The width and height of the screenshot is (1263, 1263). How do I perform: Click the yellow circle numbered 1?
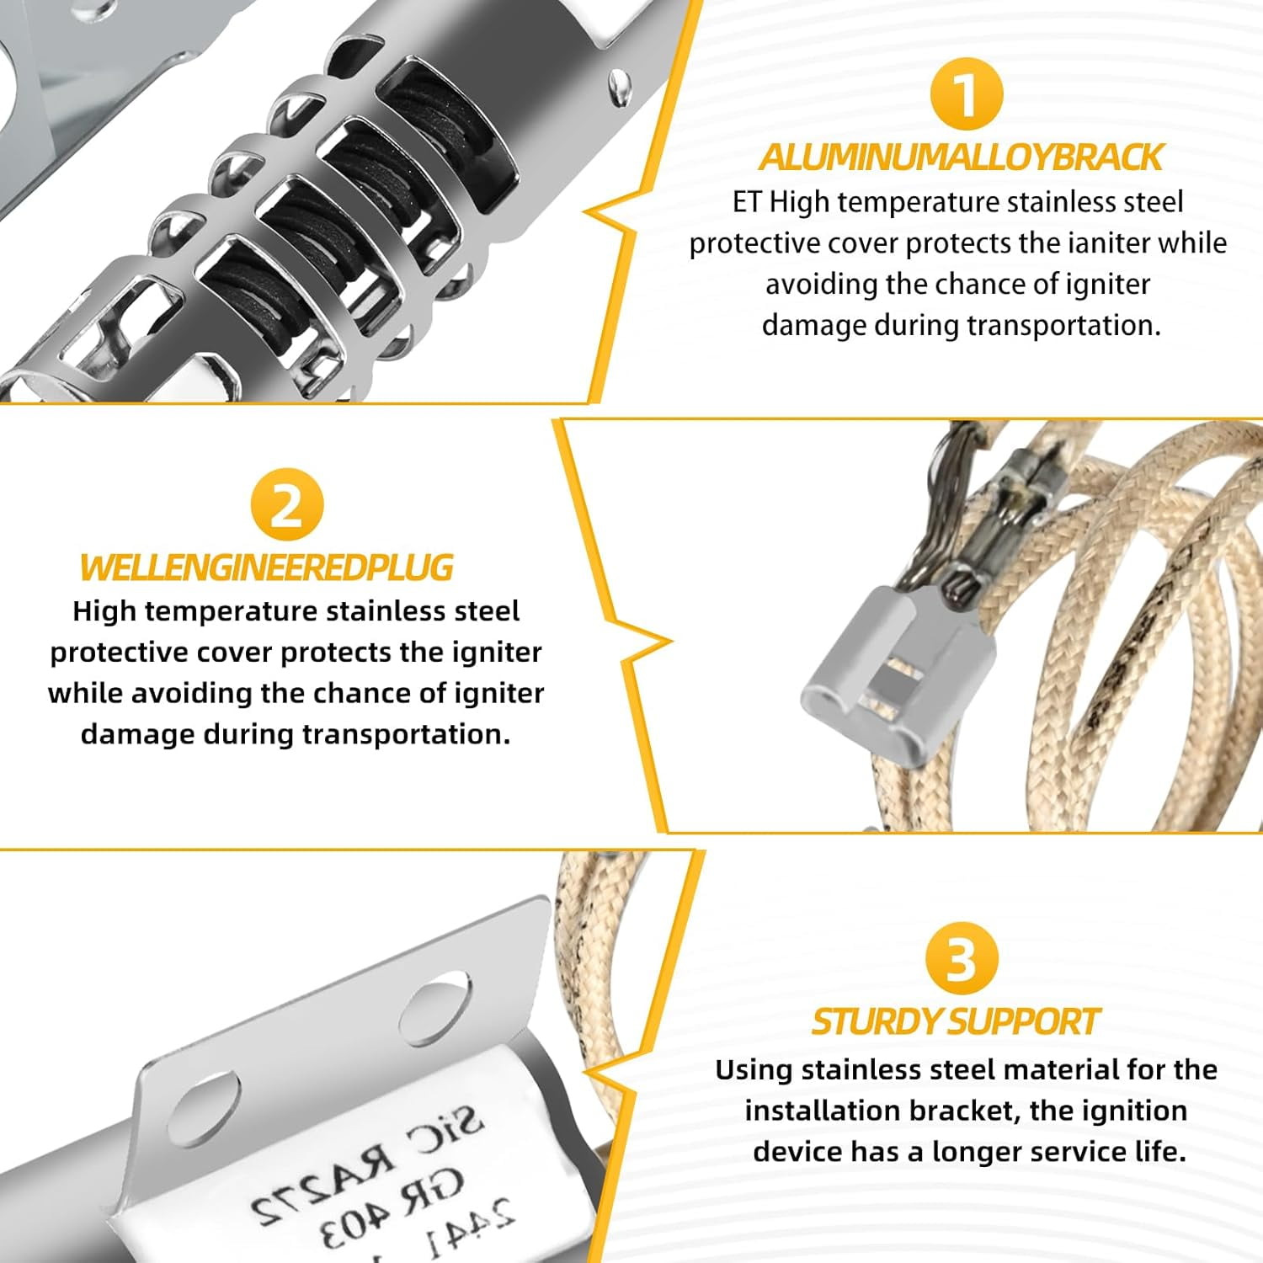tap(967, 93)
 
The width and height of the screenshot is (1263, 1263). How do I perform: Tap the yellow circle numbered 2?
tap(287, 505)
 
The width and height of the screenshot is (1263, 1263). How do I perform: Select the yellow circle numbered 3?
tap(961, 958)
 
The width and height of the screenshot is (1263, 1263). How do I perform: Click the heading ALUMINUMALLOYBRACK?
tap(960, 157)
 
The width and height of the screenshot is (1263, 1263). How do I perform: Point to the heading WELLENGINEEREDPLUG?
tap(266, 568)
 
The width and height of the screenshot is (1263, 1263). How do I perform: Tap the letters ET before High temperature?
tap(746, 202)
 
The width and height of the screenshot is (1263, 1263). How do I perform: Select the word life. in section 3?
tap(1157, 1151)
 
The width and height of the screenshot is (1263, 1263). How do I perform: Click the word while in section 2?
tap(85, 693)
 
